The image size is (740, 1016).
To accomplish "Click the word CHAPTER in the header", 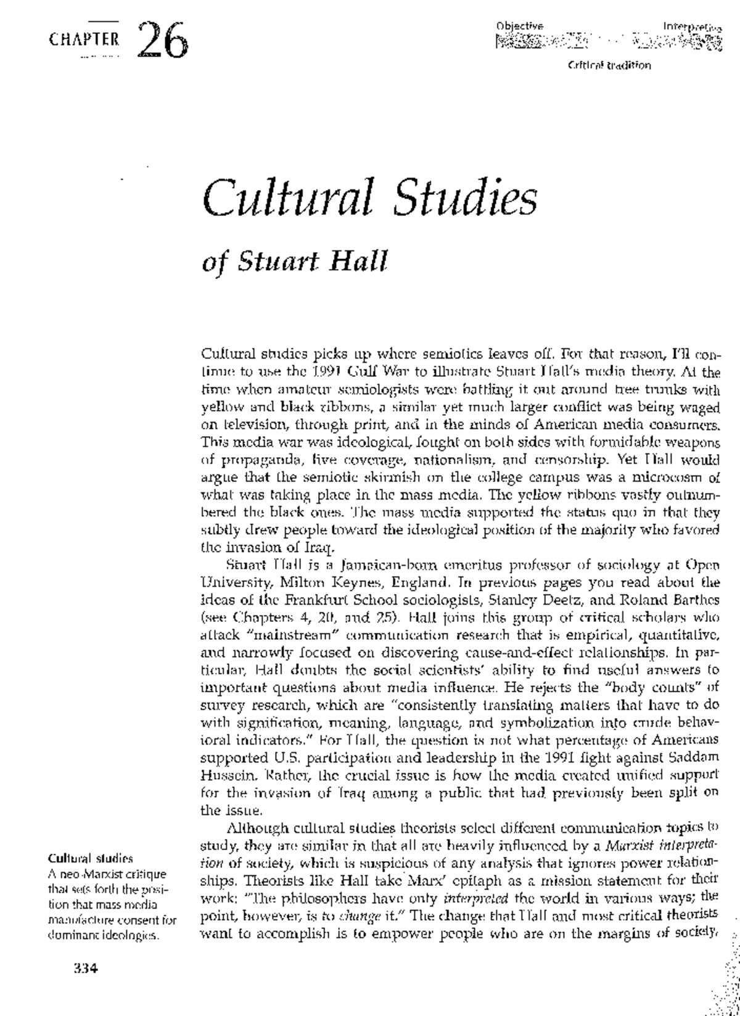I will point(84,40).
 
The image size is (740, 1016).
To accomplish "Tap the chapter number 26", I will point(162,39).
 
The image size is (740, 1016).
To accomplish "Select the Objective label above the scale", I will point(519,26).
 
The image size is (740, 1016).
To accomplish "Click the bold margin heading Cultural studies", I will point(90,858).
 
